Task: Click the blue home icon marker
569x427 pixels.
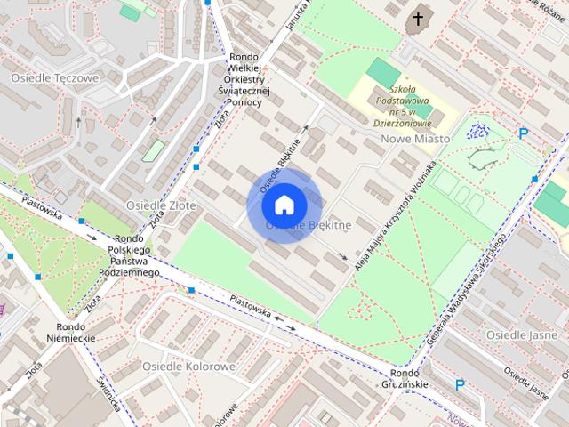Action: [284, 205]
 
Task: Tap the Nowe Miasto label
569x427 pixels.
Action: [414, 139]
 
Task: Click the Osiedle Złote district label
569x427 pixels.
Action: [161, 205]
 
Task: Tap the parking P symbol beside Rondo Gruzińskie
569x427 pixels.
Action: [460, 385]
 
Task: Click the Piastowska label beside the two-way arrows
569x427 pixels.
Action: [249, 305]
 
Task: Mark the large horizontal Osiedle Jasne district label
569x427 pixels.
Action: [521, 334]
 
